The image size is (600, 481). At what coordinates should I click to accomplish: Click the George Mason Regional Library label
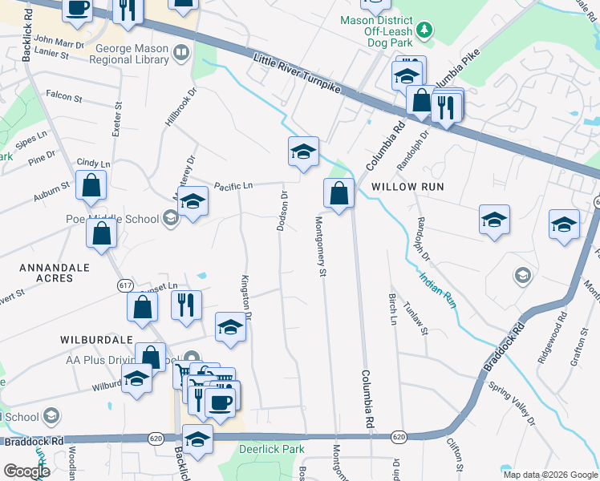point(132,54)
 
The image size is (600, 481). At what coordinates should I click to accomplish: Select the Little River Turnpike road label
point(296,76)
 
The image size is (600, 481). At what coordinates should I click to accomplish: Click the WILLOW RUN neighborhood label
point(407,186)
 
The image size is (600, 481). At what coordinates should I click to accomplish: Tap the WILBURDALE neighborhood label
point(90,339)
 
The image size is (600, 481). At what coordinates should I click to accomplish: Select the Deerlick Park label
point(271,450)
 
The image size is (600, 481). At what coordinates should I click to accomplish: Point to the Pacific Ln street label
point(233,186)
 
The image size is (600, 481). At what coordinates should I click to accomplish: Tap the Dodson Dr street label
point(282,211)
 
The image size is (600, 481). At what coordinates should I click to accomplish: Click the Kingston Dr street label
point(246,297)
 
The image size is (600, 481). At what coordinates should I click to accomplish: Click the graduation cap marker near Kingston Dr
point(230,327)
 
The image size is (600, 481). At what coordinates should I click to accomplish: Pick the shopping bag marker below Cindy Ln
point(92,185)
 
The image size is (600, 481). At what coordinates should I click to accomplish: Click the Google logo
point(26,471)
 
